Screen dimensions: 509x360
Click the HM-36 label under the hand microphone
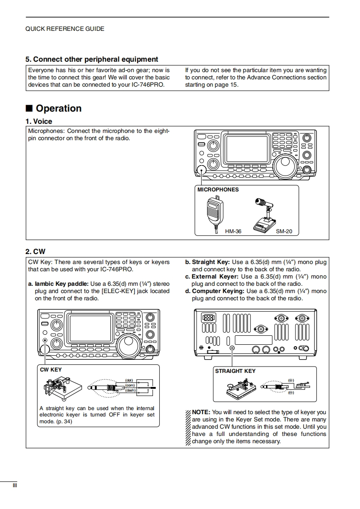click(233, 231)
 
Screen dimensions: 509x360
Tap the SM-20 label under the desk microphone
click(284, 231)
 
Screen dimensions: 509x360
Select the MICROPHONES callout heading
click(218, 190)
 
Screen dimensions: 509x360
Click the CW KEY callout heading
click(51, 370)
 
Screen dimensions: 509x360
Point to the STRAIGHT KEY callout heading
click(235, 371)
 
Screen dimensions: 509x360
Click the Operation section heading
click(59, 108)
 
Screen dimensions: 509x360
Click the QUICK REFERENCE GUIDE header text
click(64, 29)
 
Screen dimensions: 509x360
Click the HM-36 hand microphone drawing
click(213, 211)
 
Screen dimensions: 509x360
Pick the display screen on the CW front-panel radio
click(90, 328)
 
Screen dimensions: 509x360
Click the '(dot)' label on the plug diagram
click(129, 380)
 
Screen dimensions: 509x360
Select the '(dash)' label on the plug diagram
click(130, 390)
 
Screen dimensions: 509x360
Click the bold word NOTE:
click(201, 412)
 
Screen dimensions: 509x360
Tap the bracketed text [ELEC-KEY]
click(118, 291)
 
